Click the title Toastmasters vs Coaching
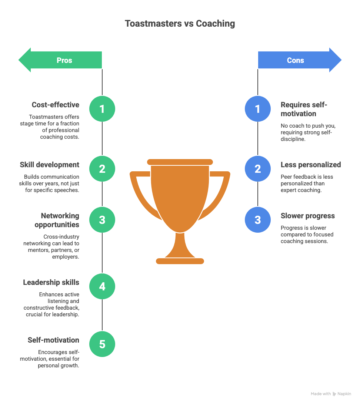click(x=180, y=23)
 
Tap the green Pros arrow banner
click(x=60, y=60)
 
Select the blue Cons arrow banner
click(x=300, y=60)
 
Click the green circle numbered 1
click(x=102, y=109)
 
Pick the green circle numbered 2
click(x=102, y=169)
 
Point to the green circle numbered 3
click(x=102, y=220)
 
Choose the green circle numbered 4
click(x=102, y=286)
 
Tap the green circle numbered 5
click(x=102, y=344)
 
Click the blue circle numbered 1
click(x=258, y=109)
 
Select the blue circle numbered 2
click(x=258, y=169)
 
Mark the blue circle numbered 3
click(x=258, y=220)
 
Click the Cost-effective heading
click(x=56, y=105)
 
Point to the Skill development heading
click(x=50, y=165)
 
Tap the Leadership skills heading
click(x=51, y=282)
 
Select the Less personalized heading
click(x=311, y=165)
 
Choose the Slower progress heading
click(x=308, y=216)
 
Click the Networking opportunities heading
click(x=57, y=220)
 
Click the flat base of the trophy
click(x=180, y=261)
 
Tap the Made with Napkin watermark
click(x=331, y=394)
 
